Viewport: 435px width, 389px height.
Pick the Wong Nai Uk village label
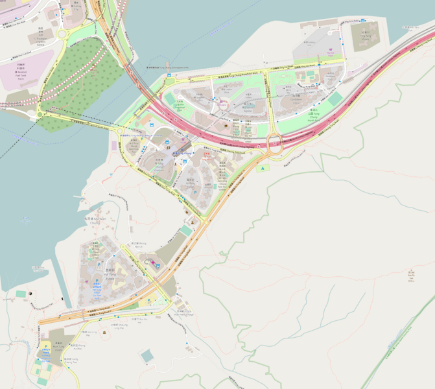[136, 244]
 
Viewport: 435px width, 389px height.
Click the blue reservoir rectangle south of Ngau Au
[147, 355]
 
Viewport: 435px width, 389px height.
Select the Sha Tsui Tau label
[38, 267]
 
